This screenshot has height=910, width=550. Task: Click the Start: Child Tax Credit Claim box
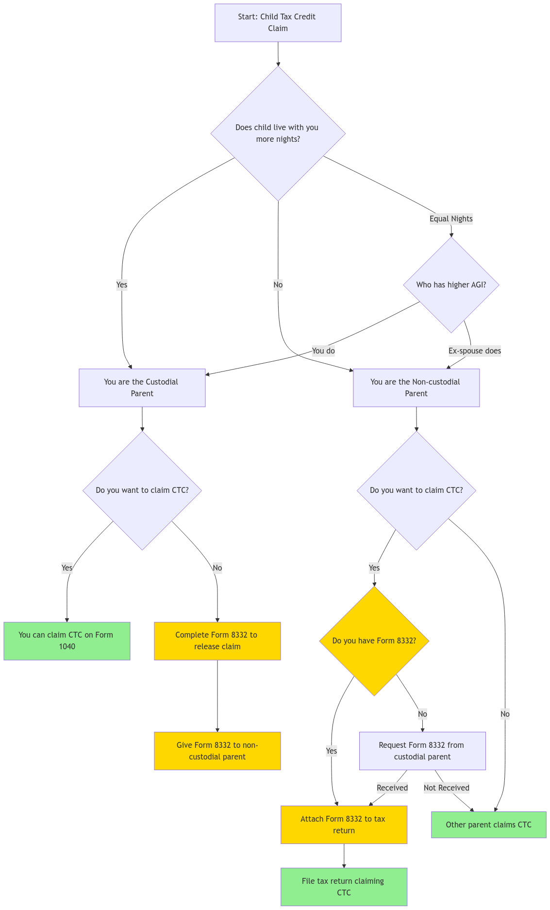coord(278,23)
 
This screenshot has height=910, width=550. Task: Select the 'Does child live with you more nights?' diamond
coord(278,133)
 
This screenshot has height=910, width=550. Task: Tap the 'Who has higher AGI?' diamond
coord(451,285)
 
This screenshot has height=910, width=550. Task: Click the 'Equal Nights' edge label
coord(451,219)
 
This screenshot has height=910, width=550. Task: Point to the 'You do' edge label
coord(323,351)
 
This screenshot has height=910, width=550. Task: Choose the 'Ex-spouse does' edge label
coord(474,351)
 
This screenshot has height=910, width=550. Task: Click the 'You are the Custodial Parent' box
coord(142,388)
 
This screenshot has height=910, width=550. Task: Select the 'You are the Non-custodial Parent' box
coord(416,388)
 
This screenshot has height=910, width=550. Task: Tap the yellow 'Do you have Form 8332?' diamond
coord(374,640)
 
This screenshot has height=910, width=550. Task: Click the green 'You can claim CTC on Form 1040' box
coord(67,640)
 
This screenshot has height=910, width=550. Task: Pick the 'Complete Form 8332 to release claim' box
coord(217,640)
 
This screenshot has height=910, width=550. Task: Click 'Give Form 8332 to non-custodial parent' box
coord(217,751)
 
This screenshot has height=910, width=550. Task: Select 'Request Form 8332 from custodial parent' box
coord(422,751)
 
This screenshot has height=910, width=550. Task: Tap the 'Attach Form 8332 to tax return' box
coord(344,825)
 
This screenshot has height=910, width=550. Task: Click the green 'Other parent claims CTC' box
coord(488,825)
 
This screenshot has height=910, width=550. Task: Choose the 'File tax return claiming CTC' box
coord(344,887)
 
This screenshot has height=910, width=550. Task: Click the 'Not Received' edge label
coord(447,788)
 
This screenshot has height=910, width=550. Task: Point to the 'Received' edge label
coord(392,788)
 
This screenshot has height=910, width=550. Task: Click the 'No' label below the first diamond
coord(278,285)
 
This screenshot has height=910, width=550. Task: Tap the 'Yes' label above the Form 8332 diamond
coord(374,568)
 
